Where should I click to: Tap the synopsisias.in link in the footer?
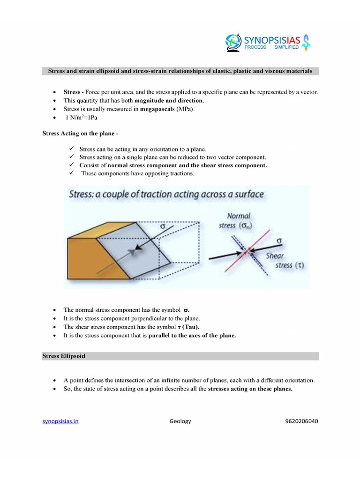click(60, 421)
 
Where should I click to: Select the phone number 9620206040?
click(301, 421)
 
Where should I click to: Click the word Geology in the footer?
click(180, 421)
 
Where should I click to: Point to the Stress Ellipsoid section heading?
click(64, 356)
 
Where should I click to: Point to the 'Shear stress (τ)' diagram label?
click(284, 261)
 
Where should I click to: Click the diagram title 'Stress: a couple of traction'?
click(166, 194)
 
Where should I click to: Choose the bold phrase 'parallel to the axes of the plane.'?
click(192, 335)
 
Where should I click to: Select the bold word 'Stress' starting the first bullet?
click(72, 92)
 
